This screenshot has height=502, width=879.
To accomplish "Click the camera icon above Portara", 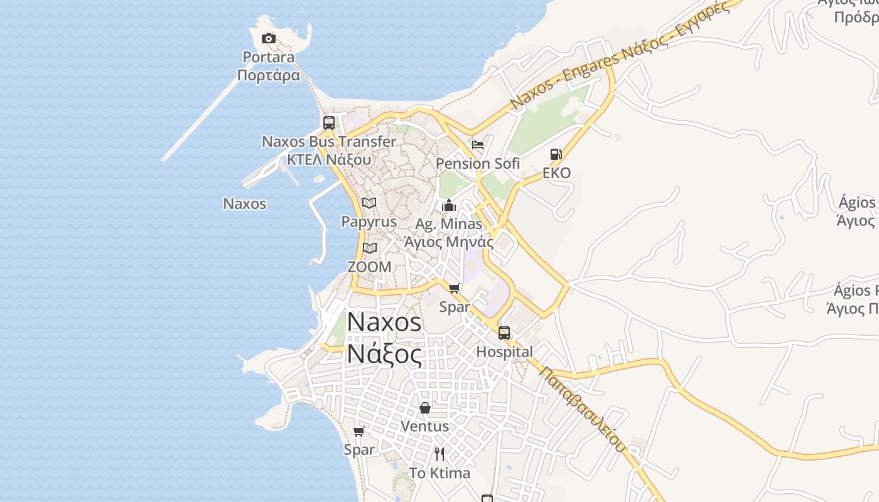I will [269, 39].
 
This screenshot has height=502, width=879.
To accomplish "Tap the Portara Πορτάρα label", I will [269, 67].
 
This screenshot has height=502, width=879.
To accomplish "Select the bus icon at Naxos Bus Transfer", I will [329, 123].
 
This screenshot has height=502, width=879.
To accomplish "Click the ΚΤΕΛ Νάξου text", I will [329, 159].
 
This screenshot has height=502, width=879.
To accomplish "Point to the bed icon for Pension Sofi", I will [478, 145].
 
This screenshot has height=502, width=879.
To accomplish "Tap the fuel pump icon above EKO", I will [556, 154].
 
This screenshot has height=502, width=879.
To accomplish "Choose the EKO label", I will [556, 173].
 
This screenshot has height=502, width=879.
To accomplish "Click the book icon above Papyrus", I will [369, 203].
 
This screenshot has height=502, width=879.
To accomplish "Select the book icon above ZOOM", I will [370, 248].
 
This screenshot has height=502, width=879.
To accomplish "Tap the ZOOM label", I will [369, 267].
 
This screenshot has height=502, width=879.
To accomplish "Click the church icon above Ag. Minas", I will [449, 205].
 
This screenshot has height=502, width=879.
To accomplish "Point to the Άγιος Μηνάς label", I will [448, 242].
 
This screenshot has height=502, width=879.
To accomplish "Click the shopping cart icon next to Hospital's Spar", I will [455, 289].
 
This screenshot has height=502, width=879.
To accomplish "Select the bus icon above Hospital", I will [504, 333].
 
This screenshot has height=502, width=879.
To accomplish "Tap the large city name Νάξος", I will [384, 355].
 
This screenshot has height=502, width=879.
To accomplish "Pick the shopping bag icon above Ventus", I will [425, 408].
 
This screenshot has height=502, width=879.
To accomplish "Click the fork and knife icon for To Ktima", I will [439, 454].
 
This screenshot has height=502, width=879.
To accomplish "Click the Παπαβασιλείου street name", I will [583, 409].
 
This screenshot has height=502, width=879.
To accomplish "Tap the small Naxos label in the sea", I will [245, 204].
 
